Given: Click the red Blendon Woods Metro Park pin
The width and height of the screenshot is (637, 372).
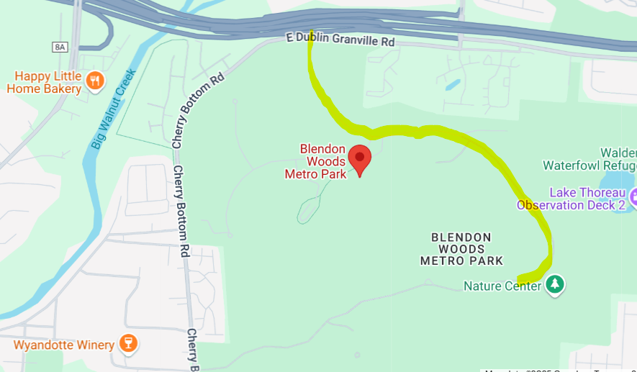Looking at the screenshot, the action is [359, 158].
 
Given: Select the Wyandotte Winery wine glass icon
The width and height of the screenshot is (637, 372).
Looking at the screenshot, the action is [127, 344].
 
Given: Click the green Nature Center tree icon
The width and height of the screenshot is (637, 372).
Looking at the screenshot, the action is [554, 285].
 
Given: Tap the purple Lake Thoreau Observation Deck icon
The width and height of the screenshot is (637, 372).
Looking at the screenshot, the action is [633, 196].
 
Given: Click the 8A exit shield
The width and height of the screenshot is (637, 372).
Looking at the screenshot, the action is [60, 47].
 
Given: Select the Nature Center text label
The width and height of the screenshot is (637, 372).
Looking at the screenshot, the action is [502, 286].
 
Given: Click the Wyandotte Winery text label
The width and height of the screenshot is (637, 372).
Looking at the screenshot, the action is [63, 345].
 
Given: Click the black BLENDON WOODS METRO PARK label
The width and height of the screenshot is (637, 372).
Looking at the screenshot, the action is [461, 248].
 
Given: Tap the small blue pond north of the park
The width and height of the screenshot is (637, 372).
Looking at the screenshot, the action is [452, 85].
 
